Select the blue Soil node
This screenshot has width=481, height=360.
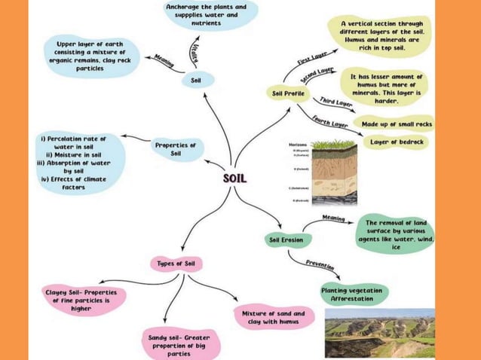[196, 80]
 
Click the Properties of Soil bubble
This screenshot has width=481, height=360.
[175, 148]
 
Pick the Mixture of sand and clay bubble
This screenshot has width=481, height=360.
[272, 317]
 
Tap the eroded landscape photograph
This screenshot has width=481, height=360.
[379, 333]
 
